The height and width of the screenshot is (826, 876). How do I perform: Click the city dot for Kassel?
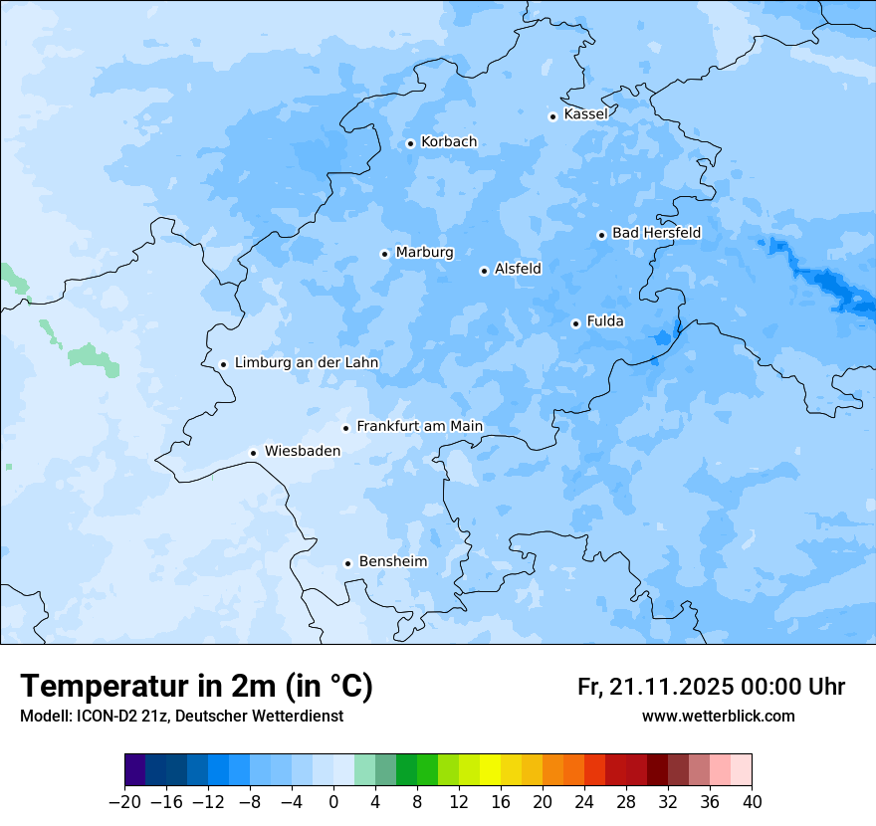552,116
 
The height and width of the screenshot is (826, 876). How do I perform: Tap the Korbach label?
448,142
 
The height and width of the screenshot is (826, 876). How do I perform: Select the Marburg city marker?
384,254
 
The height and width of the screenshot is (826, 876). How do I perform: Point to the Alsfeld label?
518,269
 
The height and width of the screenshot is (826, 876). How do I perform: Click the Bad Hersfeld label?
656,233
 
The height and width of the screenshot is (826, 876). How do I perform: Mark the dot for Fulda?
575,323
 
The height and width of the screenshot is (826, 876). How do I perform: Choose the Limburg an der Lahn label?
306,363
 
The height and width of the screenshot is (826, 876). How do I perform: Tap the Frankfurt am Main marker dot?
345,428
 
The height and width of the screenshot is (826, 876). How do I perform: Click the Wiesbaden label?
302,451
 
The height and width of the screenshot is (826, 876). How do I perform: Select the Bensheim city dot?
347,563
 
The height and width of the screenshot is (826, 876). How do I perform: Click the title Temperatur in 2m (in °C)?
197,687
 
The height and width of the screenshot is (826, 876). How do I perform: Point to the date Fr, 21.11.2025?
655,688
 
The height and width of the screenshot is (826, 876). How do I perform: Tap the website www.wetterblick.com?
718,717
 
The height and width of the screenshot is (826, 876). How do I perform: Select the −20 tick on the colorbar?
125,802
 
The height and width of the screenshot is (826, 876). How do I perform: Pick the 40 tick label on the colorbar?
752,802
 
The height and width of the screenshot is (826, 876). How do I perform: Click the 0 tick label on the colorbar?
333,802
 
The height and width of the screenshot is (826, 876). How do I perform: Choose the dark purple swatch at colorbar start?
135,770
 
